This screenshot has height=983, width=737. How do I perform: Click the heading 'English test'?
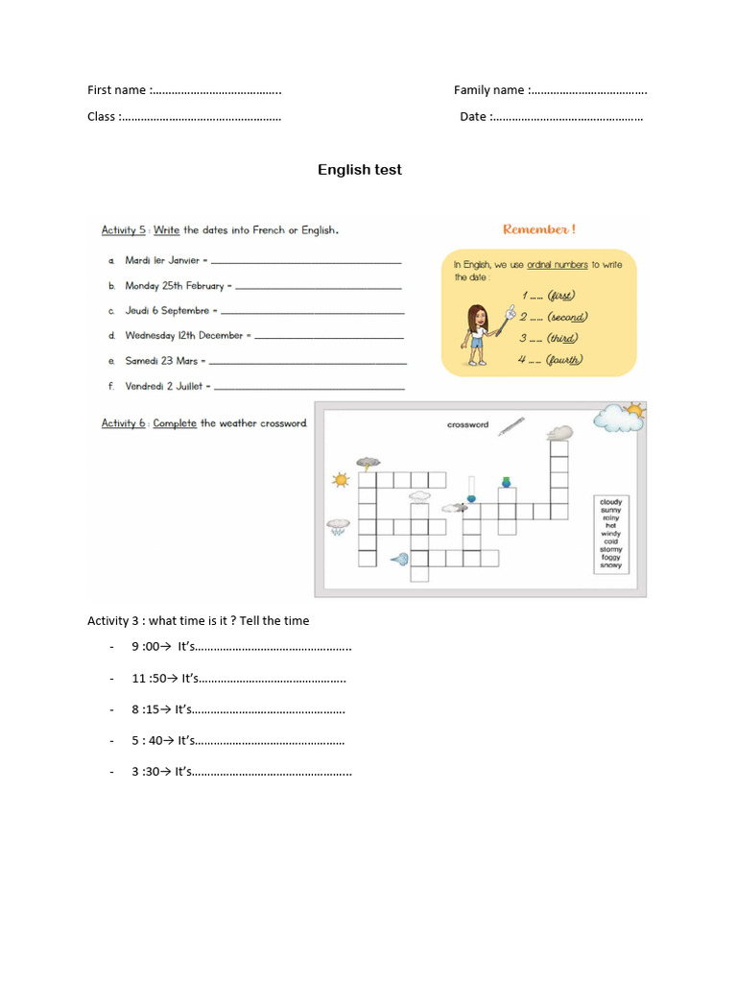360,170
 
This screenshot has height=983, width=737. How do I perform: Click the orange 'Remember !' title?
539,230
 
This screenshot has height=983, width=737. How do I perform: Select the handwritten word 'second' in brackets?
566,317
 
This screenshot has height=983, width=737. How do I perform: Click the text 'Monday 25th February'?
174,286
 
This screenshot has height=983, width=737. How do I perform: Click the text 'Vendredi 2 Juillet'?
164,386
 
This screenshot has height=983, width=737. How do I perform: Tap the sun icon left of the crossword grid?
341,479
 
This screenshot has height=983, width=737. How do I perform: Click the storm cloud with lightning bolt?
368,463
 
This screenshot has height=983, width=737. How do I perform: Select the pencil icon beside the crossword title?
511,425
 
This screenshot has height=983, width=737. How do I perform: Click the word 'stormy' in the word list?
610,549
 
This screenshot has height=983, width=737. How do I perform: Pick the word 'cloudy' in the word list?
610,502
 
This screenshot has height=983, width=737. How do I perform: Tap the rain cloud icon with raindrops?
338,527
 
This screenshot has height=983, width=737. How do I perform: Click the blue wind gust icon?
399,558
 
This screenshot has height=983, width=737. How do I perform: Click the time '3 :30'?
145,771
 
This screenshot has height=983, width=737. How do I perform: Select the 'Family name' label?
488,90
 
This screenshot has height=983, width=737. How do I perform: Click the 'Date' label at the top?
473,117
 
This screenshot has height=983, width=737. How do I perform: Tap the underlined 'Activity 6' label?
124,423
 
